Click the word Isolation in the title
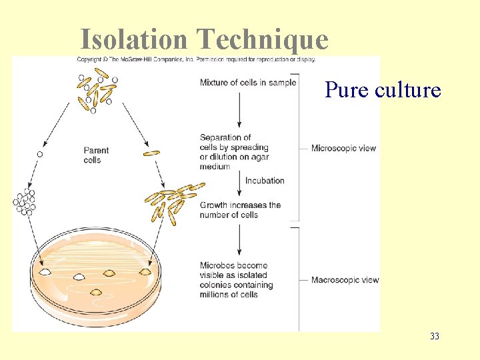click(x=134, y=39)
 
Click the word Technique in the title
click(x=263, y=40)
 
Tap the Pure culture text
click(x=383, y=89)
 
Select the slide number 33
click(x=435, y=336)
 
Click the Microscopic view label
click(x=343, y=148)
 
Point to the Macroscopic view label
click(x=345, y=280)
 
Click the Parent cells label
click(x=96, y=155)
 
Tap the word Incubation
click(x=265, y=181)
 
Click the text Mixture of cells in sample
click(x=248, y=83)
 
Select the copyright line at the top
click(x=196, y=60)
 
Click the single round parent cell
click(x=40, y=154)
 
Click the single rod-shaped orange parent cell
click(x=152, y=153)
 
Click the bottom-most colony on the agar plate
click(x=96, y=291)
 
